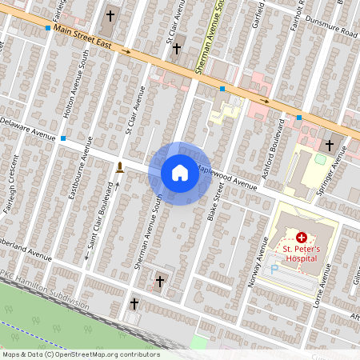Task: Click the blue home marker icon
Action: [179, 173]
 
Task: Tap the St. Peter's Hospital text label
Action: [301, 254]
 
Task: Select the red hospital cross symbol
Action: [302, 238]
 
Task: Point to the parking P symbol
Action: [274, 269]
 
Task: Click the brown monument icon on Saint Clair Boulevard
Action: [119, 167]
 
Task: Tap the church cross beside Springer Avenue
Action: [330, 145]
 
